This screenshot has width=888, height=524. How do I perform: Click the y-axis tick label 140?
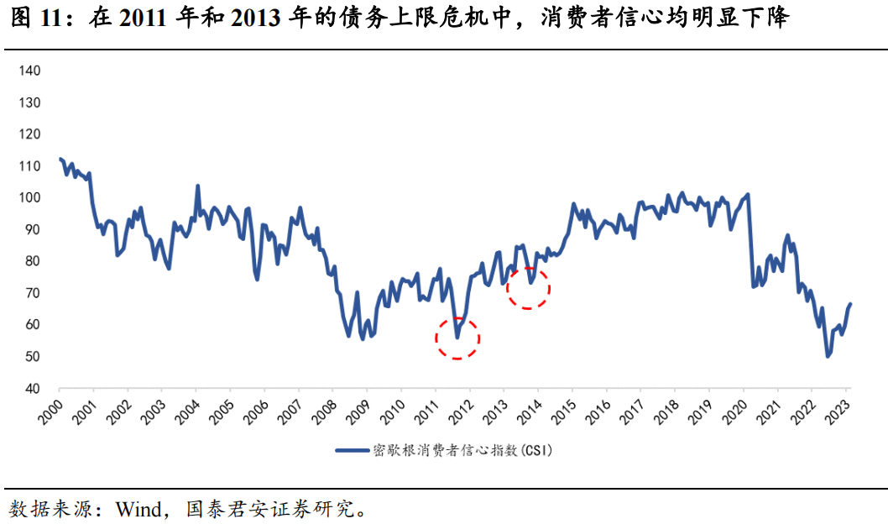click(x=30, y=71)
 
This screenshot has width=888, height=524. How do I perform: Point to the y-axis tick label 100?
click(x=30, y=197)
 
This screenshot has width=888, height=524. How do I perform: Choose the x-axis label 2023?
click(x=841, y=411)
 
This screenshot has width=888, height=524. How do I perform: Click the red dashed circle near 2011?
click(x=457, y=338)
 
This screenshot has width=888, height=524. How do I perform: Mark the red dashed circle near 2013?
click(x=528, y=288)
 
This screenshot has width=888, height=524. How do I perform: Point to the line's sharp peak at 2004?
click(x=197, y=186)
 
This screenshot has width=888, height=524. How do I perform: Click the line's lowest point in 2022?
click(x=828, y=357)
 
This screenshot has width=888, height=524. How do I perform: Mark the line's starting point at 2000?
click(x=60, y=159)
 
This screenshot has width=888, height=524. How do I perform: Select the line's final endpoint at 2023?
click(x=850, y=304)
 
